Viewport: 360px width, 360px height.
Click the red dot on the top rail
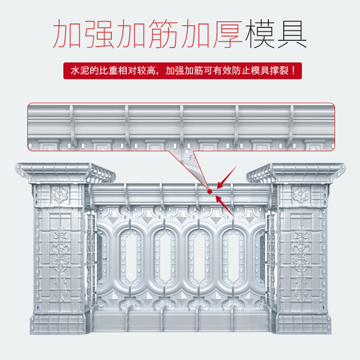tap(209, 191)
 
